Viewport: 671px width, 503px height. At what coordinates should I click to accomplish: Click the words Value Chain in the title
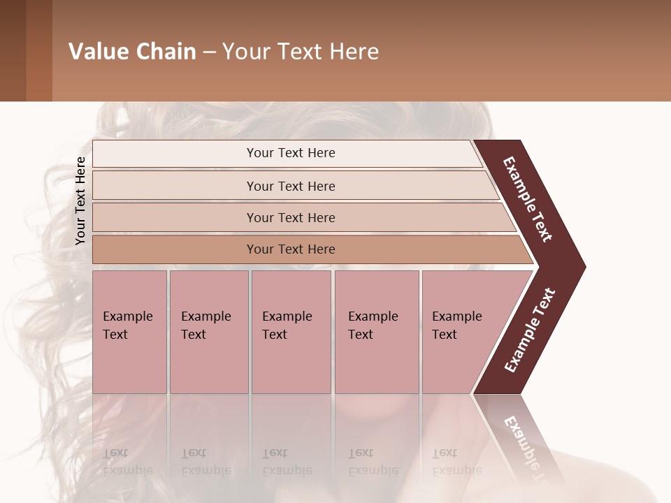click(132, 52)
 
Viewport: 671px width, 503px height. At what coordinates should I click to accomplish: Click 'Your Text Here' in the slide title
click(301, 52)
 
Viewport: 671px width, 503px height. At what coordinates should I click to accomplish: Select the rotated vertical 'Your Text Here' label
click(80, 201)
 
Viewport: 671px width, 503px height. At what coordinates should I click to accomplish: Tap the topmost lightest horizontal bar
click(291, 153)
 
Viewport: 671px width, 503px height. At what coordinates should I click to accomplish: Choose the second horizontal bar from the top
click(291, 186)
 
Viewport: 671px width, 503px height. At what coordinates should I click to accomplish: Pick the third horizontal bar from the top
click(291, 217)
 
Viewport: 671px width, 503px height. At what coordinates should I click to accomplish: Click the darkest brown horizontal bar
click(291, 249)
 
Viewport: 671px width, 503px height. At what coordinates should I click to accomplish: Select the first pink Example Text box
click(129, 332)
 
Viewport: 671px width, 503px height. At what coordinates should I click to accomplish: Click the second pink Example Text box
click(208, 332)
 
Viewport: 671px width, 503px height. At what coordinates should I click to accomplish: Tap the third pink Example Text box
click(291, 332)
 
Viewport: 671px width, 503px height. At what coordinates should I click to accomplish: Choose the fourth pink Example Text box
click(376, 332)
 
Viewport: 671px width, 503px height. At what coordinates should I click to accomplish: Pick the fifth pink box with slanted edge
click(461, 332)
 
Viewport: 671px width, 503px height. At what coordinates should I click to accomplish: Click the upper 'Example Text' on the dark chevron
click(528, 199)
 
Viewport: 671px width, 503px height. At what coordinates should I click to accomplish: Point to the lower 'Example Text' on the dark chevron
click(530, 330)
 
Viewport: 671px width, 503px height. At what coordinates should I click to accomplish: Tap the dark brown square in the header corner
click(13, 50)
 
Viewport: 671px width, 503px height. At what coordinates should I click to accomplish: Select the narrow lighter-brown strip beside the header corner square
click(38, 50)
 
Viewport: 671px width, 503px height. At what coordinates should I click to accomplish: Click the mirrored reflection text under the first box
click(127, 462)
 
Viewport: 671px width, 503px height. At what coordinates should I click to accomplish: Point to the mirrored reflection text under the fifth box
click(456, 462)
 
